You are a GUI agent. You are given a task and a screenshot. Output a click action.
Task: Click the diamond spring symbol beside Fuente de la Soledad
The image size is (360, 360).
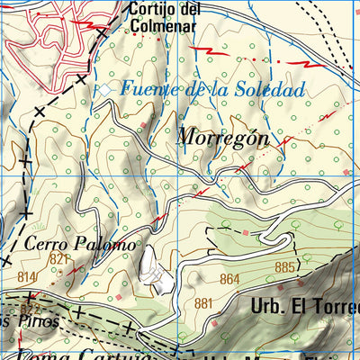[106, 89]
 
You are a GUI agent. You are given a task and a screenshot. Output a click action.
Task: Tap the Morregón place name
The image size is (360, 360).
[223, 137]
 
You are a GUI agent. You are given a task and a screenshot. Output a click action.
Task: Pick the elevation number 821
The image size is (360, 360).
[60, 259]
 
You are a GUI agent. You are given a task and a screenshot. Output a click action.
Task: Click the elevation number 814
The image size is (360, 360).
[26, 276]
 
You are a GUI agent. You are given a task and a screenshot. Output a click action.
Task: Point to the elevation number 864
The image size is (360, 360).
[229, 280]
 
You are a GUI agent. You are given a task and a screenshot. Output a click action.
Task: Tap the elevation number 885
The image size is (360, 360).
[284, 267]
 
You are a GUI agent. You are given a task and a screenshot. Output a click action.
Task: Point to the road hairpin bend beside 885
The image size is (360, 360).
[291, 241]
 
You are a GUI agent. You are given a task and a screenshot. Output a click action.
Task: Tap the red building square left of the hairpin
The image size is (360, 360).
[247, 233]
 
